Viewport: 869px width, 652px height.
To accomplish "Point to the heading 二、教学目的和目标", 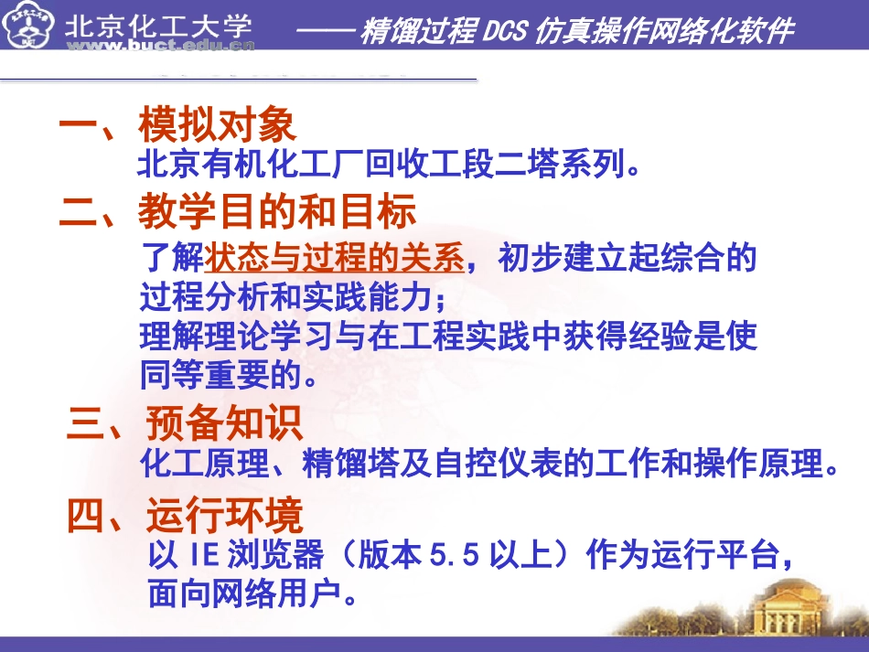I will tap(237, 212).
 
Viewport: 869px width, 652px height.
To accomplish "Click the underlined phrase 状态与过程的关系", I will tap(335, 260).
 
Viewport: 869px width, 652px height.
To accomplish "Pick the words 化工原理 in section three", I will tap(196, 465).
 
